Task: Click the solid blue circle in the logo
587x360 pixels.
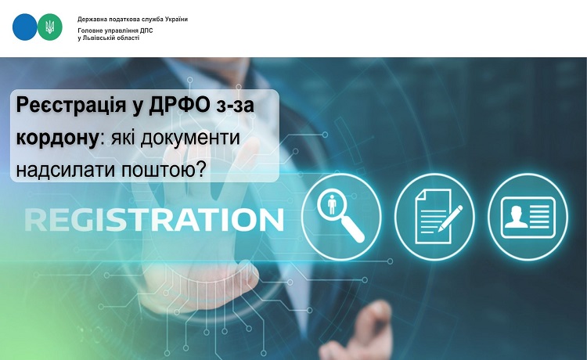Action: (x=25, y=27)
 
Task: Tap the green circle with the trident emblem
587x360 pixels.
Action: (x=50, y=27)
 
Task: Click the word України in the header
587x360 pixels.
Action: (x=175, y=19)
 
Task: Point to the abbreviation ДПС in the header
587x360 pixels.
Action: (x=146, y=31)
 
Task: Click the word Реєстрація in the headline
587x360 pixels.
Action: (x=70, y=105)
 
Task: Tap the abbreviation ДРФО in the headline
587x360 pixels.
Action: (x=179, y=105)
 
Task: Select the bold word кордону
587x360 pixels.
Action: (x=57, y=138)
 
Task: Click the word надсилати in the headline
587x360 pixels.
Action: (x=66, y=170)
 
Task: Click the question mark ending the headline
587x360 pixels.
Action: (x=200, y=170)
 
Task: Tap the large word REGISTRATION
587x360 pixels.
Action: (x=154, y=220)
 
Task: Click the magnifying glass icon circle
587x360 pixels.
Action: (x=341, y=217)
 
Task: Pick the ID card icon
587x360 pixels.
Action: (x=528, y=217)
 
